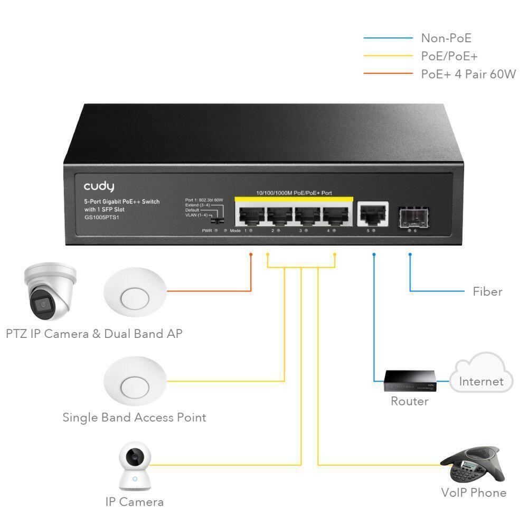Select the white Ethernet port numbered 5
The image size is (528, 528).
point(373,214)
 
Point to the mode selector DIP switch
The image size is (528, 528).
point(215,218)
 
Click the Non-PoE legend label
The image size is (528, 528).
point(446,38)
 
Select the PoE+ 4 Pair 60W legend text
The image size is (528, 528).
point(468,74)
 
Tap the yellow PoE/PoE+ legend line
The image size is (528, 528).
point(388,56)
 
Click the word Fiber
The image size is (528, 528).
point(487,291)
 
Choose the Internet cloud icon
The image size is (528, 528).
point(481,376)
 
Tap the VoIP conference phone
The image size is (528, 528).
point(472,463)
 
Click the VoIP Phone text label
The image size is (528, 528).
point(474,493)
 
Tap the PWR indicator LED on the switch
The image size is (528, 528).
point(216,231)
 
